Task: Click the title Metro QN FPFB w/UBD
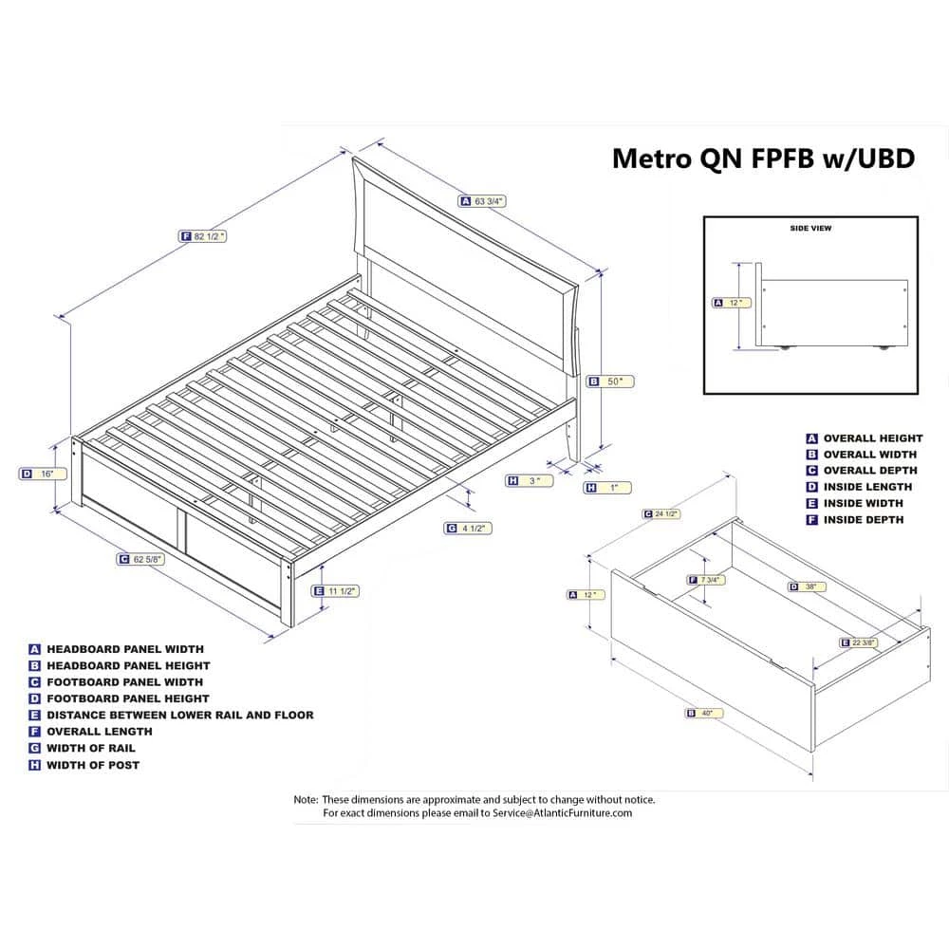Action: tap(763, 158)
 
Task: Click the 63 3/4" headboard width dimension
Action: tap(483, 201)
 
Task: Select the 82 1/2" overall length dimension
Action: tap(203, 236)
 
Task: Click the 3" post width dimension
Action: tap(530, 481)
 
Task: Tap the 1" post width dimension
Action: tap(607, 488)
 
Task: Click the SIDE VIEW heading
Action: tap(809, 229)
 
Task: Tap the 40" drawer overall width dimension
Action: tap(703, 712)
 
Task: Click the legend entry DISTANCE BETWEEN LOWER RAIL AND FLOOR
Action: tap(179, 715)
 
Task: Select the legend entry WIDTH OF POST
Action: tap(92, 765)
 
